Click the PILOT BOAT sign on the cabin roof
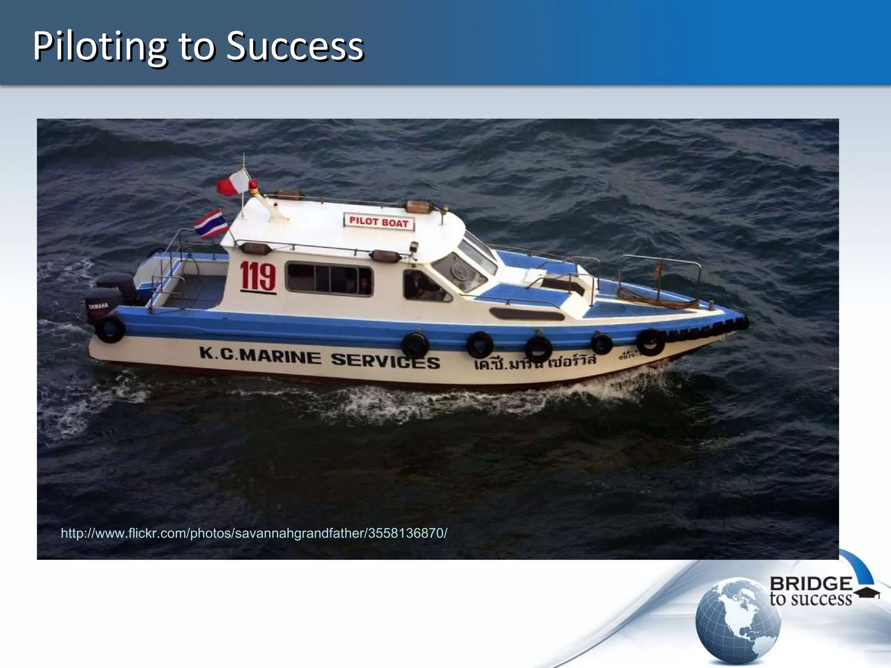(379, 222)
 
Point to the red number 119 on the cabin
(258, 276)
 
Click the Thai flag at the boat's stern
(211, 224)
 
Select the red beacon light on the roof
(253, 186)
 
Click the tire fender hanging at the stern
(110, 329)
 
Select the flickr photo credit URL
(254, 533)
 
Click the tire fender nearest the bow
(650, 342)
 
